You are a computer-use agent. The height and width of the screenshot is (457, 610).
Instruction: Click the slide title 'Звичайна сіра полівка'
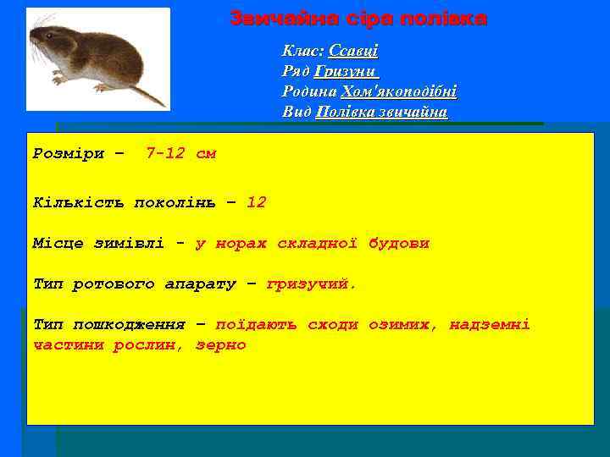(358, 19)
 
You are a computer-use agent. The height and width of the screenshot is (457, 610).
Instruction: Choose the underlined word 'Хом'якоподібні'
(398, 91)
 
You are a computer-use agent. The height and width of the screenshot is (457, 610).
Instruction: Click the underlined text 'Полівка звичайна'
(381, 112)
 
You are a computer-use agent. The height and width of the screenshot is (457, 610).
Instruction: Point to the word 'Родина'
(308, 91)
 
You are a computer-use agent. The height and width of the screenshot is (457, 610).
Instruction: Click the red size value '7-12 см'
(180, 154)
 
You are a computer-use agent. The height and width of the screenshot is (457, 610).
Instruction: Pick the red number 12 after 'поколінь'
(256, 202)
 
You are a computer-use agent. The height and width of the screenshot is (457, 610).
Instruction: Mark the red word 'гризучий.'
(312, 284)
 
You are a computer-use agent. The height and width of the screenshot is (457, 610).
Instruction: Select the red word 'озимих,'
(403, 324)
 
